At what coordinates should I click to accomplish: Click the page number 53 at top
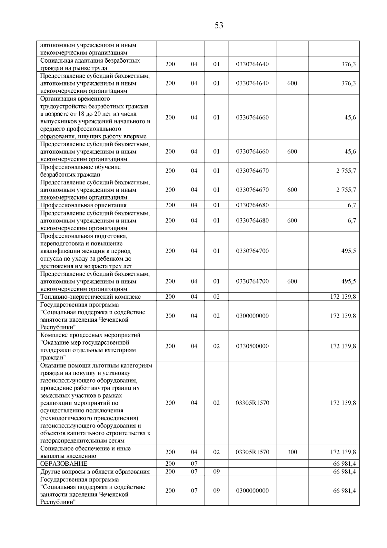click(219, 26)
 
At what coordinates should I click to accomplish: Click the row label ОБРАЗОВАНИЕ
click(64, 464)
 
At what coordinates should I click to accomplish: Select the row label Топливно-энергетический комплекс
click(90, 297)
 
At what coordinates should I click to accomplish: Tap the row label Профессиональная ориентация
click(83, 205)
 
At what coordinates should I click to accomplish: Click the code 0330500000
click(252, 346)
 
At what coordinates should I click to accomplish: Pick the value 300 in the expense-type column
click(292, 452)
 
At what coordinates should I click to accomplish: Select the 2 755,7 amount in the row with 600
click(346, 190)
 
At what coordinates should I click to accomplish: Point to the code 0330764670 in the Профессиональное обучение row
click(252, 171)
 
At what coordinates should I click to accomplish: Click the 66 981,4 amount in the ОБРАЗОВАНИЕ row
click(344, 464)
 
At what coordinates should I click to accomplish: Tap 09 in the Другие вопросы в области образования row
click(216, 471)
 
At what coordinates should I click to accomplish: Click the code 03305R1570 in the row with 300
click(252, 452)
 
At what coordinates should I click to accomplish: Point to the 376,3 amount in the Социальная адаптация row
click(348, 64)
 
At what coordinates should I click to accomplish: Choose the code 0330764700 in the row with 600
click(252, 281)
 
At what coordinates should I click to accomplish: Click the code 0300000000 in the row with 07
click(252, 491)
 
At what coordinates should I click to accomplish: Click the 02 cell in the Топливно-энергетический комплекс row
click(216, 297)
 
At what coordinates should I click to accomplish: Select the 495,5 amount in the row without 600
click(348, 251)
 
